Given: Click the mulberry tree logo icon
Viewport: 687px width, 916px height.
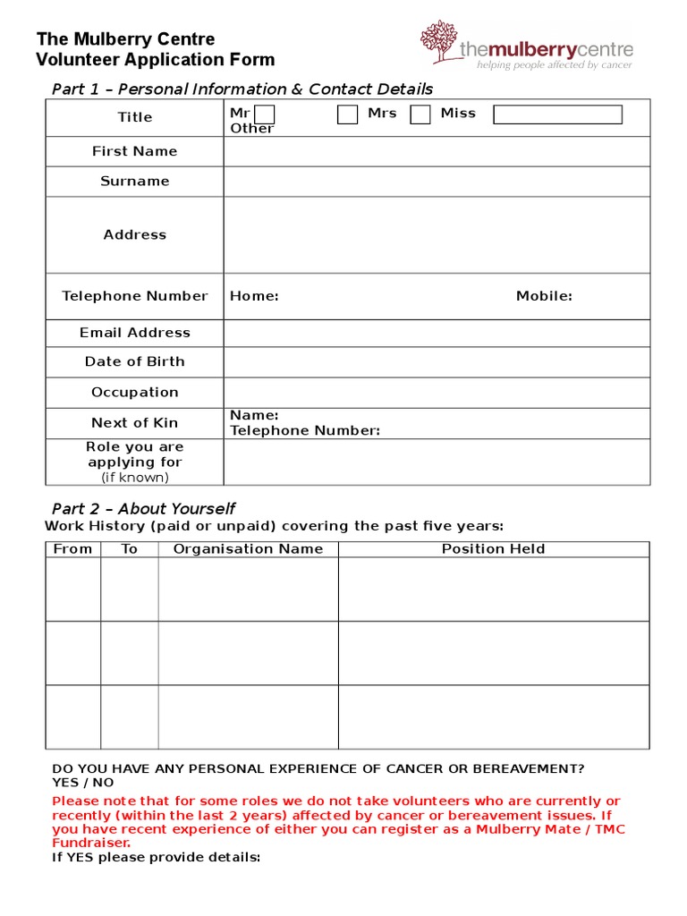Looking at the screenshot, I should (438, 42).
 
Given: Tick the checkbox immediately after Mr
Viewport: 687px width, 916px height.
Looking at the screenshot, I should (265, 114).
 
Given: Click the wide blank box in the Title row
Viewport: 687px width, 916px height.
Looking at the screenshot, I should (557, 114).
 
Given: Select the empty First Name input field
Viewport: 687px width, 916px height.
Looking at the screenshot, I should (437, 151).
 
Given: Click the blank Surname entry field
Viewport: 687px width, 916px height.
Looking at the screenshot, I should (437, 182).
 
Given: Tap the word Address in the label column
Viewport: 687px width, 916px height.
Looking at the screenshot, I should (135, 234).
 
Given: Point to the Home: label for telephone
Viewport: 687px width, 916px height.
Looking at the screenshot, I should (254, 296).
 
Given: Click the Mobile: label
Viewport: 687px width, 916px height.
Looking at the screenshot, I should (544, 296).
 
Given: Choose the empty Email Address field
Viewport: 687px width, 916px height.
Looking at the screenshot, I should (437, 333).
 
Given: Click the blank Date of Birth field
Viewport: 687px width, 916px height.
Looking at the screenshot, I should (437, 362).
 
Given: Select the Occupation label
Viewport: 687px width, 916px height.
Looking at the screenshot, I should (135, 392).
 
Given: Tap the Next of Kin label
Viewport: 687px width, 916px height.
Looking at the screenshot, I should (135, 422).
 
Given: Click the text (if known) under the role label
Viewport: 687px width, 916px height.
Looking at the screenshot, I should (135, 477).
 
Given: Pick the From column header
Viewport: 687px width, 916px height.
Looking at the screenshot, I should (72, 548).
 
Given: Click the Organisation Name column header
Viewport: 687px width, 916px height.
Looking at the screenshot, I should (248, 548).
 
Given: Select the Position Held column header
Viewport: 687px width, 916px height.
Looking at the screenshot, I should (493, 548).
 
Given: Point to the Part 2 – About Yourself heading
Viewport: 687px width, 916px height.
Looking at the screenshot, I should (143, 508).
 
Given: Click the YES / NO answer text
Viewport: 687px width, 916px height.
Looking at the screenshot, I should (83, 782).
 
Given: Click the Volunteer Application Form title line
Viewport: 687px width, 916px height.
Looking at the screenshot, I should (155, 60).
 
